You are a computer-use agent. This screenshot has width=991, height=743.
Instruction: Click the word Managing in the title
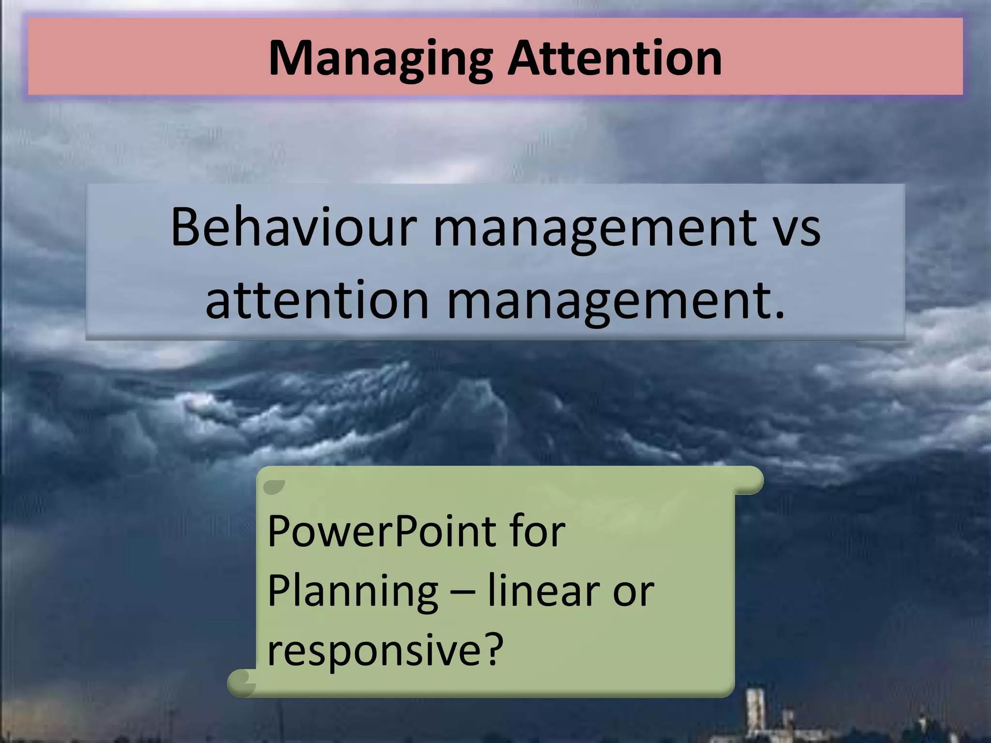380,59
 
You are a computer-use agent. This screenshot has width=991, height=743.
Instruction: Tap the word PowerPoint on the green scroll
382,531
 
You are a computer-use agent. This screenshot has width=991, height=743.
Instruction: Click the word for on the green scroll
538,531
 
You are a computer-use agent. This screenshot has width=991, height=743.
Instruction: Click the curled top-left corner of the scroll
274,486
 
